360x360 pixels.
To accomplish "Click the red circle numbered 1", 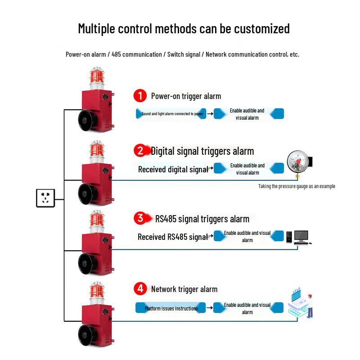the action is coord(140,96).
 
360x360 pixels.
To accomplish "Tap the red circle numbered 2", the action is coord(140,151).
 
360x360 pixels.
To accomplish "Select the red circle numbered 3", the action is coord(140,218).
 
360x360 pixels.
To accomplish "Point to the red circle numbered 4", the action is coord(140,288).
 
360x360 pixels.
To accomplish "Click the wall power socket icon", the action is coord(45,198).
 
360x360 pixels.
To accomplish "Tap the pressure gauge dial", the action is coord(298,162).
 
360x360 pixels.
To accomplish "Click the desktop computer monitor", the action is coord(301,237).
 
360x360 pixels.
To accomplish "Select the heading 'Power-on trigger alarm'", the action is coord(186,96).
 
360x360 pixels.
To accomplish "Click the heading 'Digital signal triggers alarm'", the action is coord(202,151).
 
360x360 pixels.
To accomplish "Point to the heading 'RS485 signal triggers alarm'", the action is coord(202,219).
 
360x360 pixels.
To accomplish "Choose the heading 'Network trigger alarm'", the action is coord(184,289).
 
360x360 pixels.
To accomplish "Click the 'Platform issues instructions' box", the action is coord(171,308).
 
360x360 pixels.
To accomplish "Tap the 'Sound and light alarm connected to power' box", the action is coord(171,114).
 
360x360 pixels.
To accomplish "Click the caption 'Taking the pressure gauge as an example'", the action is coord(297,186).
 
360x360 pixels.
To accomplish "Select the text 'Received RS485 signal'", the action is coord(173,237).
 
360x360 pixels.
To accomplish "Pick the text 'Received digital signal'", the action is coord(173,170).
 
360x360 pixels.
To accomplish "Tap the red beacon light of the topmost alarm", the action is coord(97,76).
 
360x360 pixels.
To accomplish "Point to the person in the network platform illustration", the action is coord(310,306).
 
